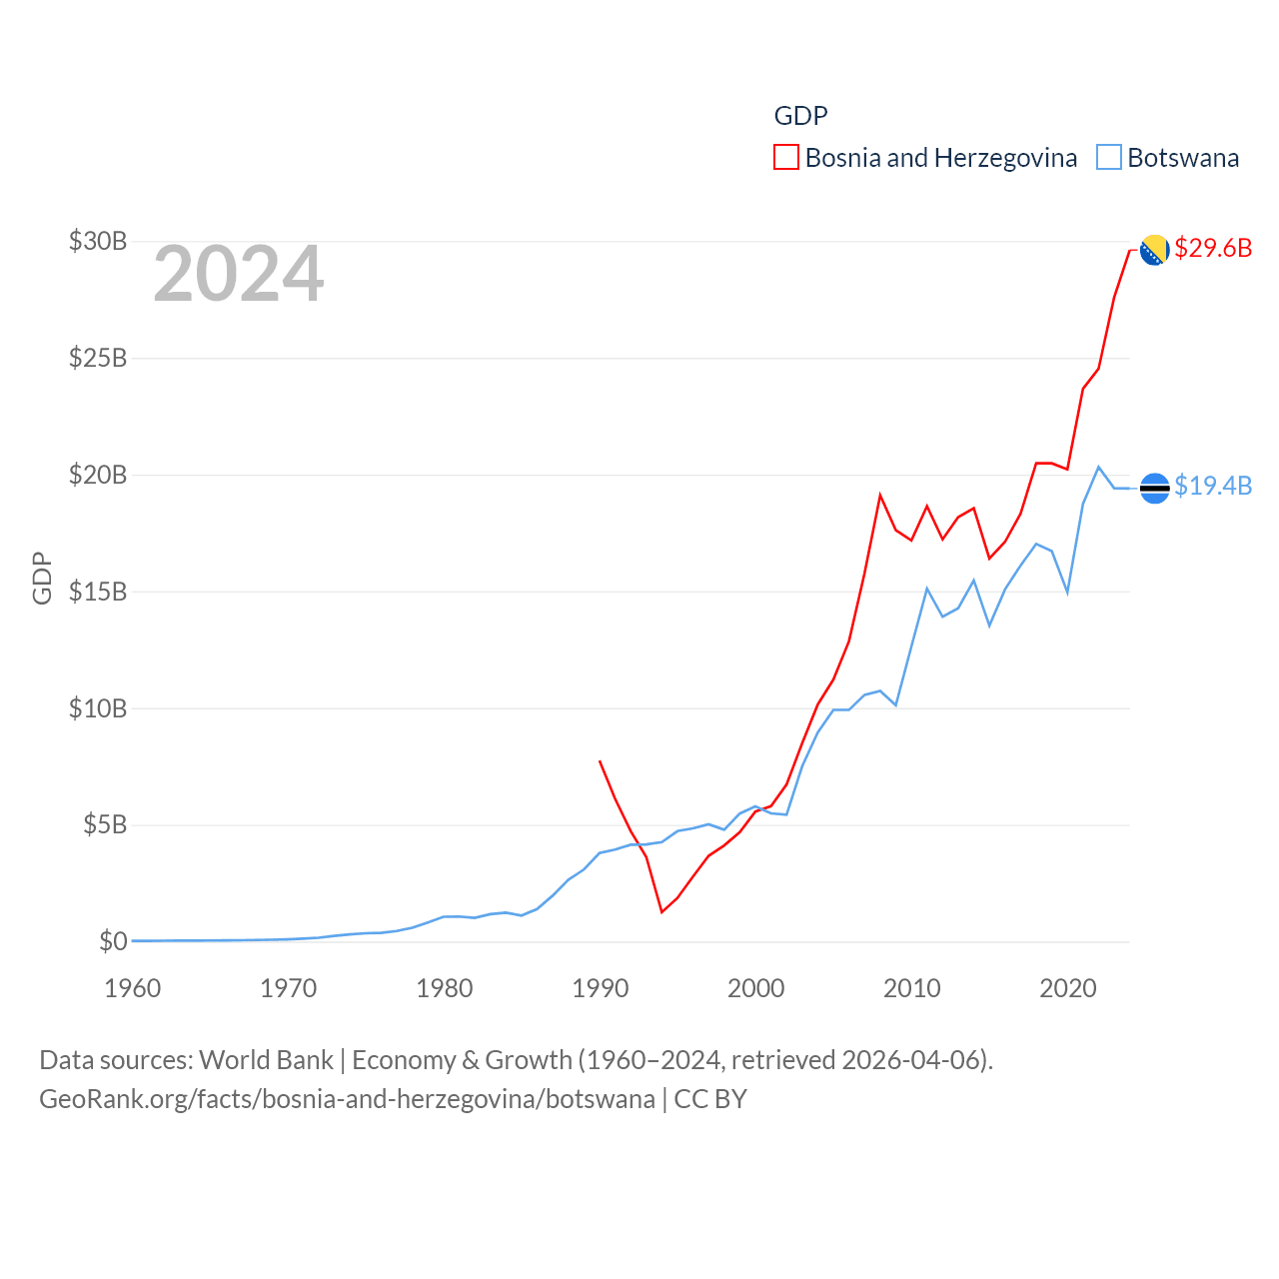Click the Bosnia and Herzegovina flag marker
coord(1154,250)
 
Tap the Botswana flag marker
coord(1154,488)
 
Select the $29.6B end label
coord(1213,248)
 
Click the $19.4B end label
coord(1213,486)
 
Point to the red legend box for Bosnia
coord(786,158)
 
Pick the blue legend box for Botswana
coord(1109,158)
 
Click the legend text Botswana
coord(1183,158)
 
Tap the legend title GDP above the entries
coord(800,116)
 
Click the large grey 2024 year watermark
coord(239,274)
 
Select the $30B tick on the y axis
coord(98,241)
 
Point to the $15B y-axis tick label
coord(98,592)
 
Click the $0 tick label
coord(113,941)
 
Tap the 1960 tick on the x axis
coord(133,988)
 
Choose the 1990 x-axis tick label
coord(601,988)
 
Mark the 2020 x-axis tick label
coord(1068,988)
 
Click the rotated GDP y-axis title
coord(42,578)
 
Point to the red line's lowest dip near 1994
coord(661,911)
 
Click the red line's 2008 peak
coord(880,495)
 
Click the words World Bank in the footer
coord(266,1059)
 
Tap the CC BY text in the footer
coord(710,1099)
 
